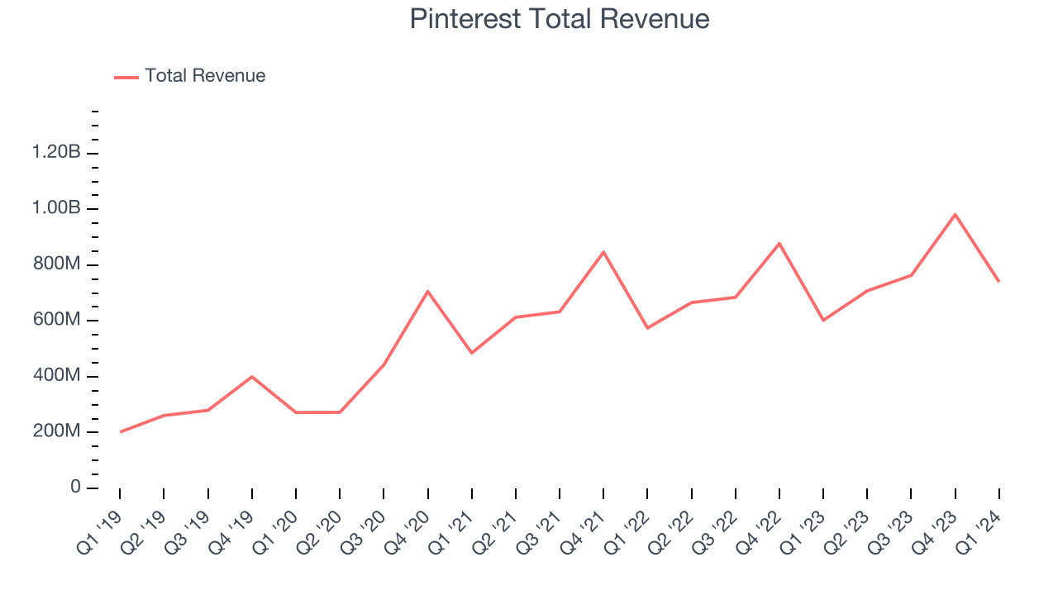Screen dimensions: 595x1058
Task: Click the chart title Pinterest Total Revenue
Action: click(x=560, y=19)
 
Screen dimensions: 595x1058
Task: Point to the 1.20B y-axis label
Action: click(x=56, y=153)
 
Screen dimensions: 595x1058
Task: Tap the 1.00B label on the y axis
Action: click(x=56, y=208)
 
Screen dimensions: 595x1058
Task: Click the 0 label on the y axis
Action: click(x=76, y=488)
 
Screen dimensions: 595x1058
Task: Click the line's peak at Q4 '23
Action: click(x=955, y=215)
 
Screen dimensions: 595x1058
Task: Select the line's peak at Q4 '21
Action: click(x=603, y=252)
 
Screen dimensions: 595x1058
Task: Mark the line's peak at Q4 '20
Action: click(x=427, y=291)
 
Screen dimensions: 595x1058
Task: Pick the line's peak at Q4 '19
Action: click(x=251, y=377)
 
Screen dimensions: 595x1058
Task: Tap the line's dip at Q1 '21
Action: click(x=471, y=353)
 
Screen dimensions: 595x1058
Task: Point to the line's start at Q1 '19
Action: click(x=120, y=431)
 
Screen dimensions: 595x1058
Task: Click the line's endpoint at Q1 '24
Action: click(x=998, y=281)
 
